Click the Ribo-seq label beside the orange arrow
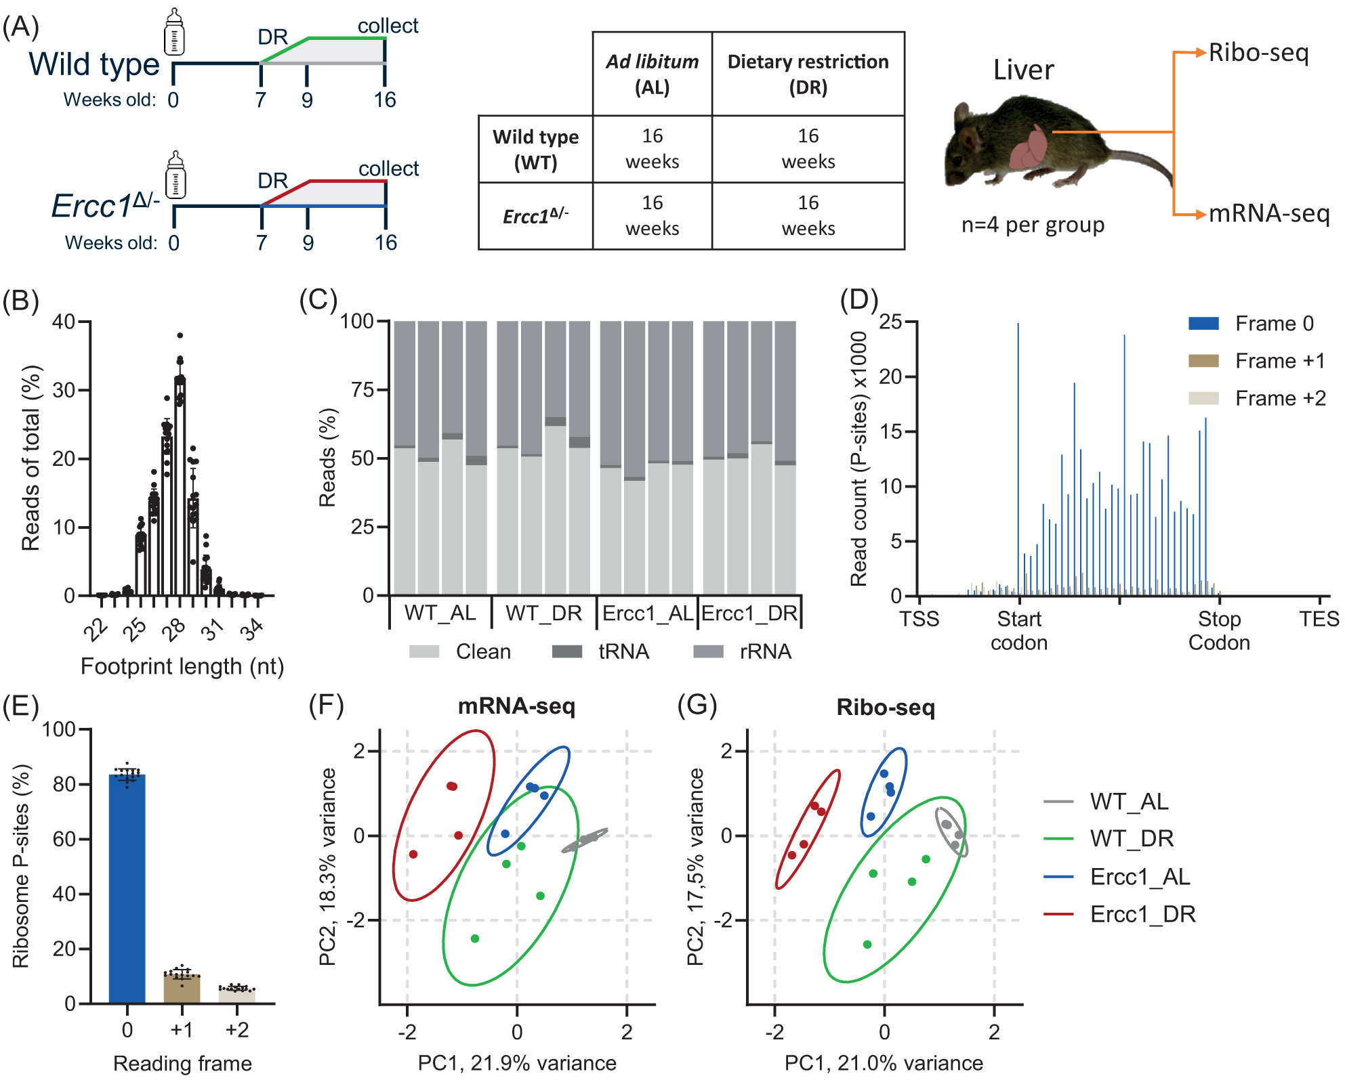pyautogui.click(x=1258, y=53)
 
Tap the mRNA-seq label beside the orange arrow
pyautogui.click(x=1268, y=213)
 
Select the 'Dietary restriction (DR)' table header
pyautogui.click(x=808, y=74)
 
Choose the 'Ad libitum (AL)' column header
pyautogui.click(x=652, y=74)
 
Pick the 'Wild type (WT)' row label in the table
pyautogui.click(x=535, y=149)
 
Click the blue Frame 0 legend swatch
pyautogui.click(x=1203, y=324)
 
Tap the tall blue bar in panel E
pyautogui.click(x=127, y=887)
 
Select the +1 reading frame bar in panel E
pyautogui.click(x=182, y=989)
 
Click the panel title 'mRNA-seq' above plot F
pyautogui.click(x=516, y=706)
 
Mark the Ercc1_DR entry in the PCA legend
pyautogui.click(x=1142, y=914)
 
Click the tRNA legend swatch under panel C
pyautogui.click(x=567, y=651)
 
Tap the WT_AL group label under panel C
pyautogui.click(x=440, y=613)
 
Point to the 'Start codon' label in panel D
pyautogui.click(x=1019, y=630)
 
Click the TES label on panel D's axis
pyautogui.click(x=1319, y=619)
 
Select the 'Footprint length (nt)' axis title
pyautogui.click(x=182, y=666)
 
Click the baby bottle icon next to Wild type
pyautogui.click(x=175, y=32)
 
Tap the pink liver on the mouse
pyautogui.click(x=1029, y=149)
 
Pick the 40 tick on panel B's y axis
pyautogui.click(x=64, y=322)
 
